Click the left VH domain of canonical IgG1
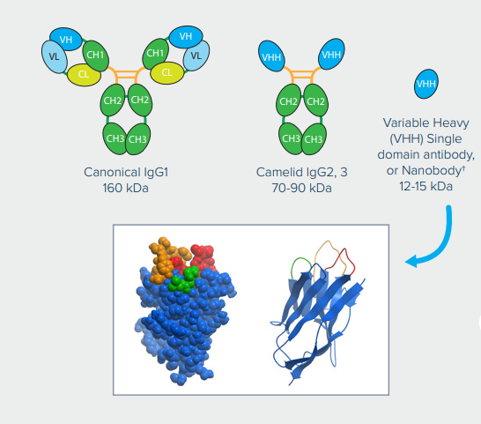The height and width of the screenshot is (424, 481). coord(66,39)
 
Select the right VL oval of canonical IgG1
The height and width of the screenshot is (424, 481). coord(196,56)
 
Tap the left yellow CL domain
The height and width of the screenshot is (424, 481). coord(84,74)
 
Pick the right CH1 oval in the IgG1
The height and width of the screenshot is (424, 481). coord(156,54)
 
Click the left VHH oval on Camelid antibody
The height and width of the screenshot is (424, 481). coord(271,56)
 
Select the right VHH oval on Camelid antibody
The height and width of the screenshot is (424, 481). coord(331,55)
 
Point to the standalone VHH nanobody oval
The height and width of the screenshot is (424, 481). coord(426,84)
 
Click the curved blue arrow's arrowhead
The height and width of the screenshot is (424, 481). coord(412,262)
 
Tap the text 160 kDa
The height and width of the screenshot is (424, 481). coord(125,188)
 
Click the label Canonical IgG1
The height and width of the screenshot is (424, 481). coord(126,172)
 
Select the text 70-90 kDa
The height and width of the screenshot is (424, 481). coord(301,188)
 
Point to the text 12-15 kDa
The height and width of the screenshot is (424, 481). coord(425,186)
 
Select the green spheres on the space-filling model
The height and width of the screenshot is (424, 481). coord(184,279)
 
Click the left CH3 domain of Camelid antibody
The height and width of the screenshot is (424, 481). coord(290,138)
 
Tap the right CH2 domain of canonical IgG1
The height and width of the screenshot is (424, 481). coord(140,100)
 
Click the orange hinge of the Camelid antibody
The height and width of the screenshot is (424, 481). coord(302,75)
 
